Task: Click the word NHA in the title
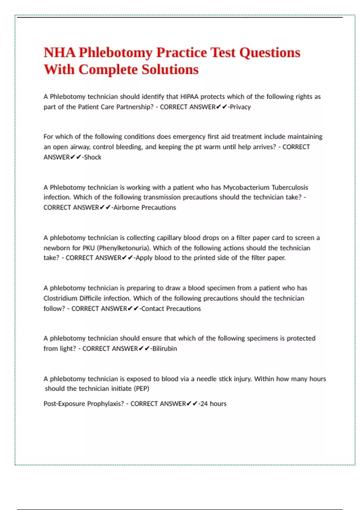(59, 53)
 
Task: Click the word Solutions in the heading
(170, 70)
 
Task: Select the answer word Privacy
(240, 107)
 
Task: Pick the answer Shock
(93, 157)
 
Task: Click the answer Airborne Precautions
(145, 208)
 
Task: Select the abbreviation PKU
(88, 248)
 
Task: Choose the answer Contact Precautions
(171, 309)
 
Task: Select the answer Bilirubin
(165, 349)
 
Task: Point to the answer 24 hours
(213, 404)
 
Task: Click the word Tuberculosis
(290, 187)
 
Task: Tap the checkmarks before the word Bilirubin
(144, 349)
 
